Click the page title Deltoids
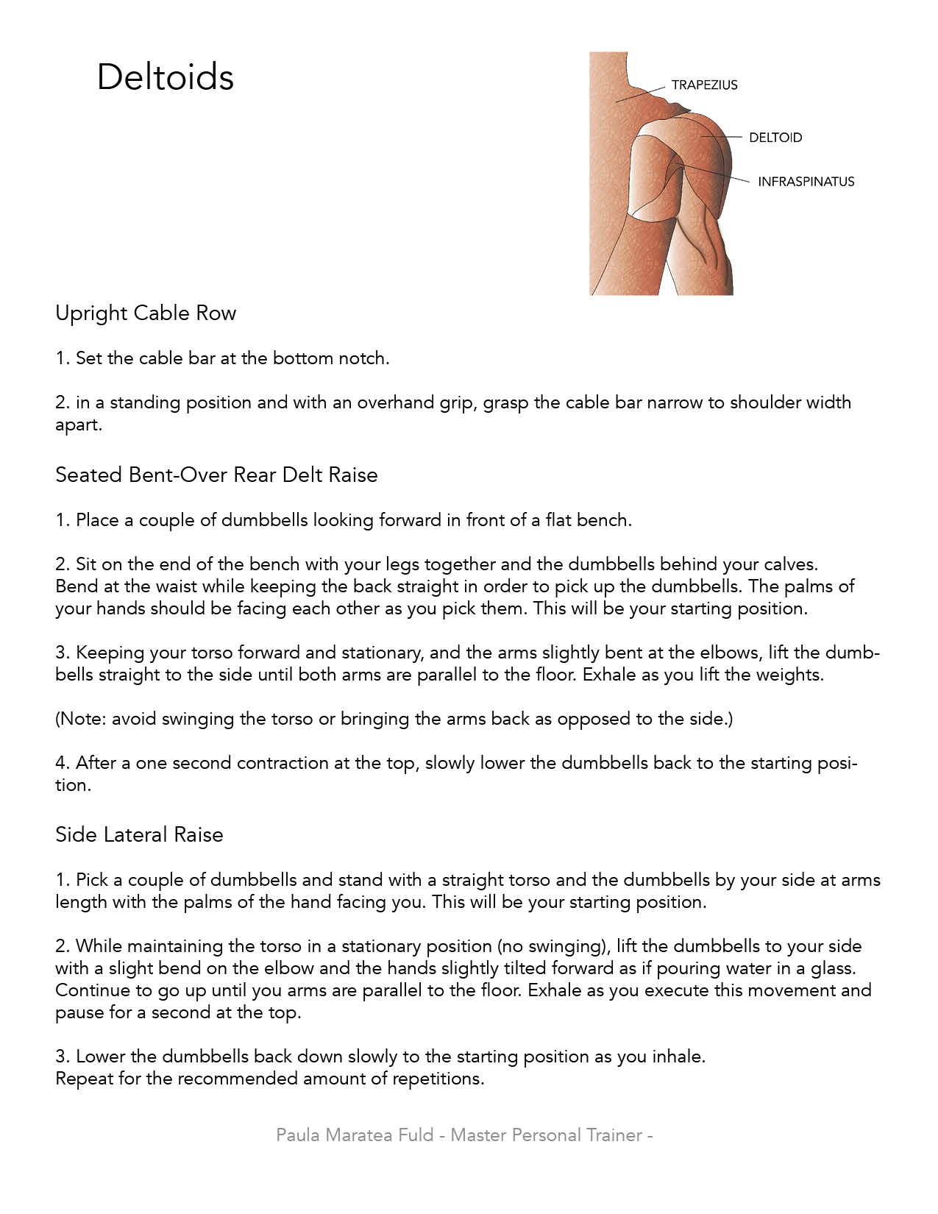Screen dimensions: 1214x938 click(x=165, y=77)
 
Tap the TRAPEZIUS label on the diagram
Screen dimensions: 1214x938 click(x=704, y=85)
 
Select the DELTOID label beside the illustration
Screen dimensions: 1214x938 click(x=775, y=138)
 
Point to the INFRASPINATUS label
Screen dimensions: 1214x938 click(x=806, y=182)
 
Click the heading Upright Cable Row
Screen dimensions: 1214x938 click(x=146, y=313)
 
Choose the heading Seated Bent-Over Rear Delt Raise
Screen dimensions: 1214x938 click(x=216, y=475)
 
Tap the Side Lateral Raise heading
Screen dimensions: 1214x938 click(x=139, y=835)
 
